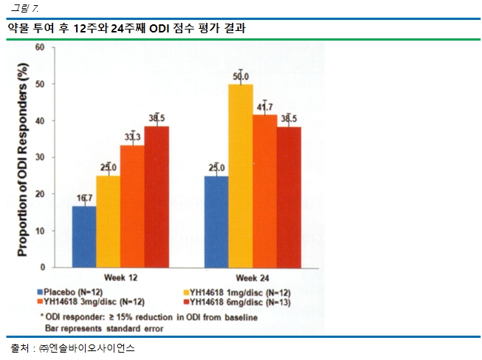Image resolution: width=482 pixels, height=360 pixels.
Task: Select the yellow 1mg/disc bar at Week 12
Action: [109, 221]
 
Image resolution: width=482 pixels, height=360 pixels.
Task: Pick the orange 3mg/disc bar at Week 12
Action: [133, 206]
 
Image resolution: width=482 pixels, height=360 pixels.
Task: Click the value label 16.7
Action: [84, 198]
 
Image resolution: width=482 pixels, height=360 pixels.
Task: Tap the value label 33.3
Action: [133, 136]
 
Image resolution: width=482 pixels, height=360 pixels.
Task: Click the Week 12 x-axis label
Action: [120, 278]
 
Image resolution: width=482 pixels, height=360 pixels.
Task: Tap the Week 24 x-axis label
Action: [253, 278]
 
